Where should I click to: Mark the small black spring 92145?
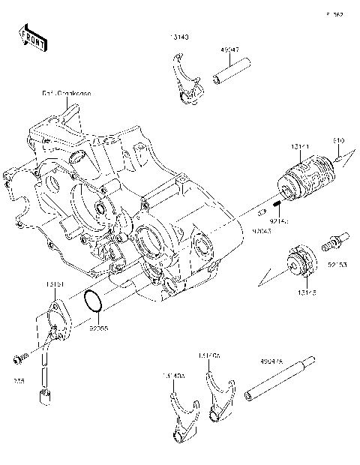277,205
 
